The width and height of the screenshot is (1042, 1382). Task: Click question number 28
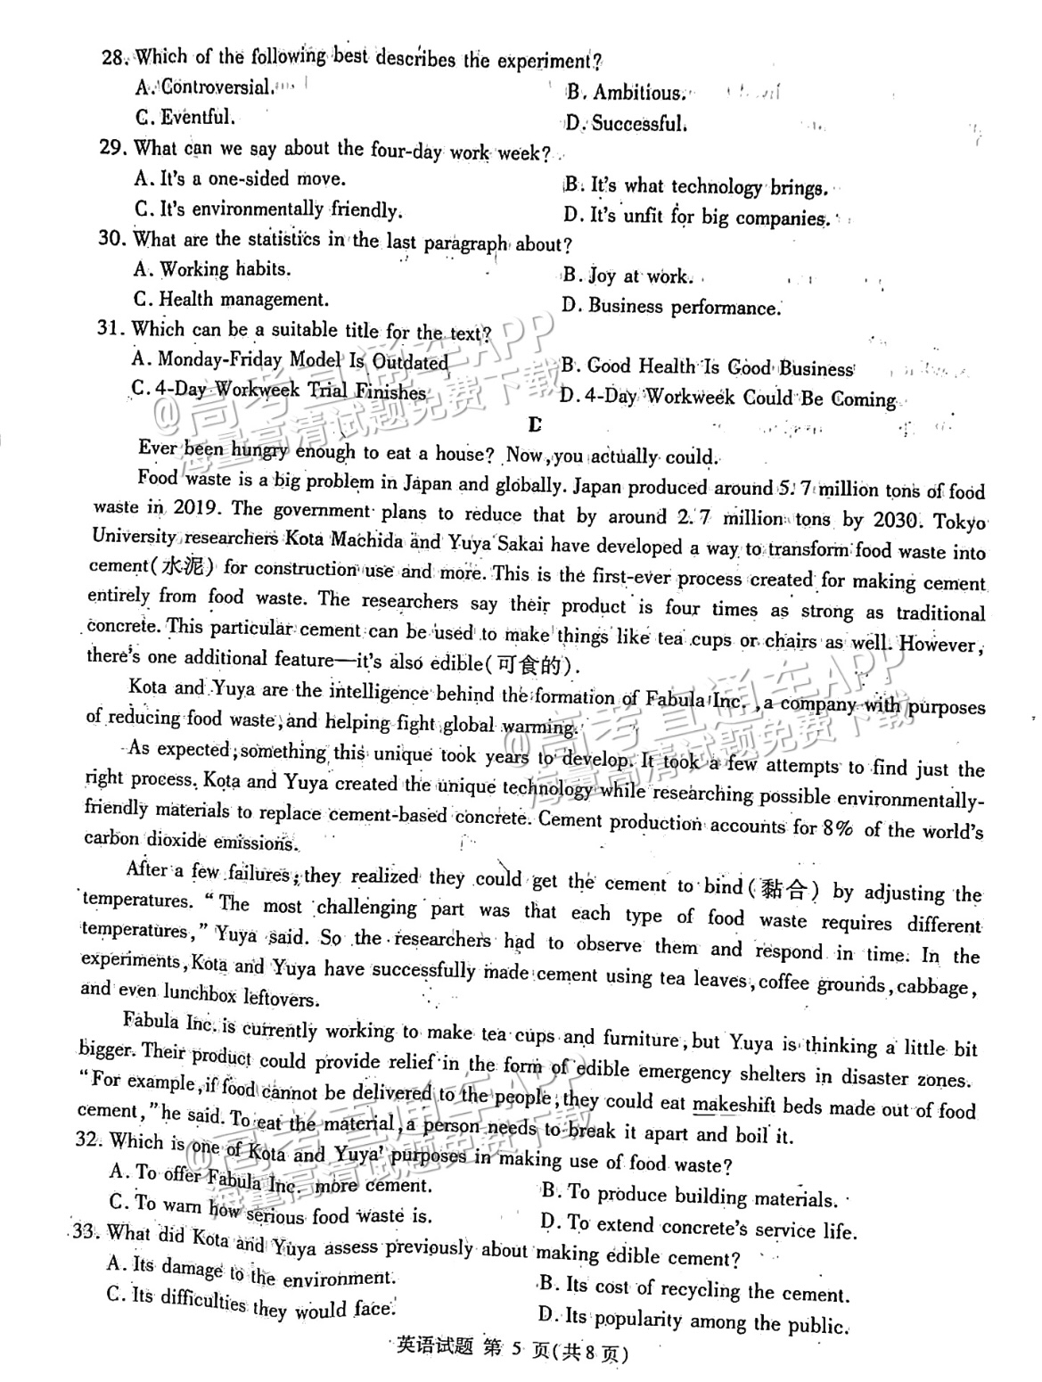[x=113, y=57]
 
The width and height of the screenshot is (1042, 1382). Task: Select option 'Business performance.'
[x=684, y=308]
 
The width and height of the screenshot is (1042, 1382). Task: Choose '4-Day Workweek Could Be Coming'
[x=740, y=398]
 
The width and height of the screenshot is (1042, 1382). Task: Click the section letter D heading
[x=535, y=424]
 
